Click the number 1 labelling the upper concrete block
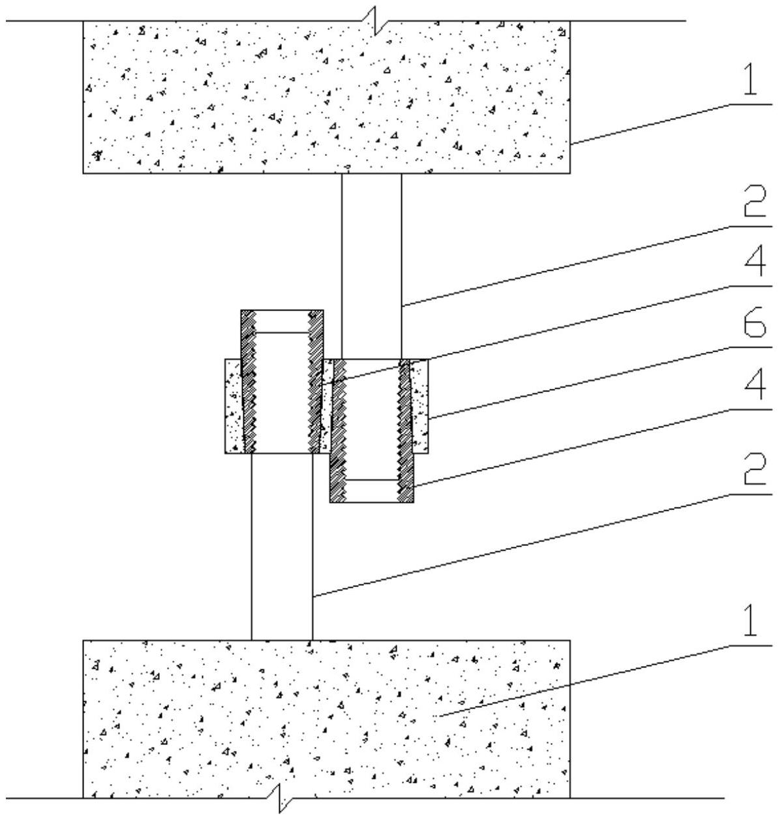point(751,80)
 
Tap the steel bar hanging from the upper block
point(371,261)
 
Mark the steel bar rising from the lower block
point(282,548)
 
